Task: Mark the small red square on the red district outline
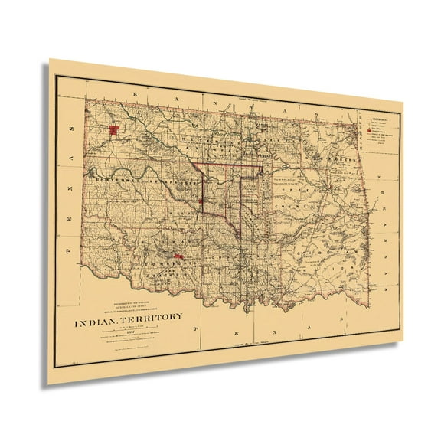pyautogui.click(x=201, y=201)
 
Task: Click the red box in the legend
pyautogui.click(x=371, y=131)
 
